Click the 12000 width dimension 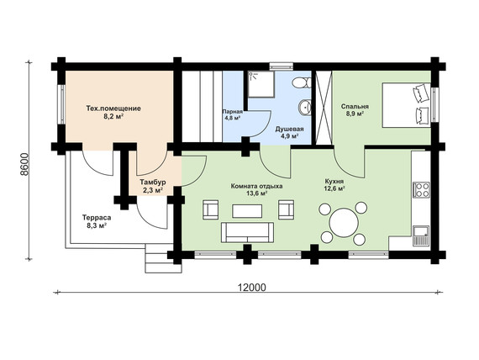[x=252, y=288]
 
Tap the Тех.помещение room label [x=113, y=109]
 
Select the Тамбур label [x=153, y=183]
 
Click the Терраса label [x=97, y=218]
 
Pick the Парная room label [x=233, y=112]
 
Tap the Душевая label [x=289, y=129]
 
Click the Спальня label [x=355, y=107]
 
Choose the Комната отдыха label [x=256, y=186]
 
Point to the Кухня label [x=334, y=182]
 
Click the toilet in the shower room [x=302, y=82]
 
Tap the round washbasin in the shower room [x=304, y=107]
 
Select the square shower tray [x=261, y=84]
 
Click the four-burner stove [x=421, y=189]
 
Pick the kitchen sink [x=421, y=236]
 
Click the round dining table [x=344, y=222]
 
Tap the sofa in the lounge [x=247, y=232]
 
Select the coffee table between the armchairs [x=247, y=211]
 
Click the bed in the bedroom [x=406, y=104]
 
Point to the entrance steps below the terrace [x=163, y=258]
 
